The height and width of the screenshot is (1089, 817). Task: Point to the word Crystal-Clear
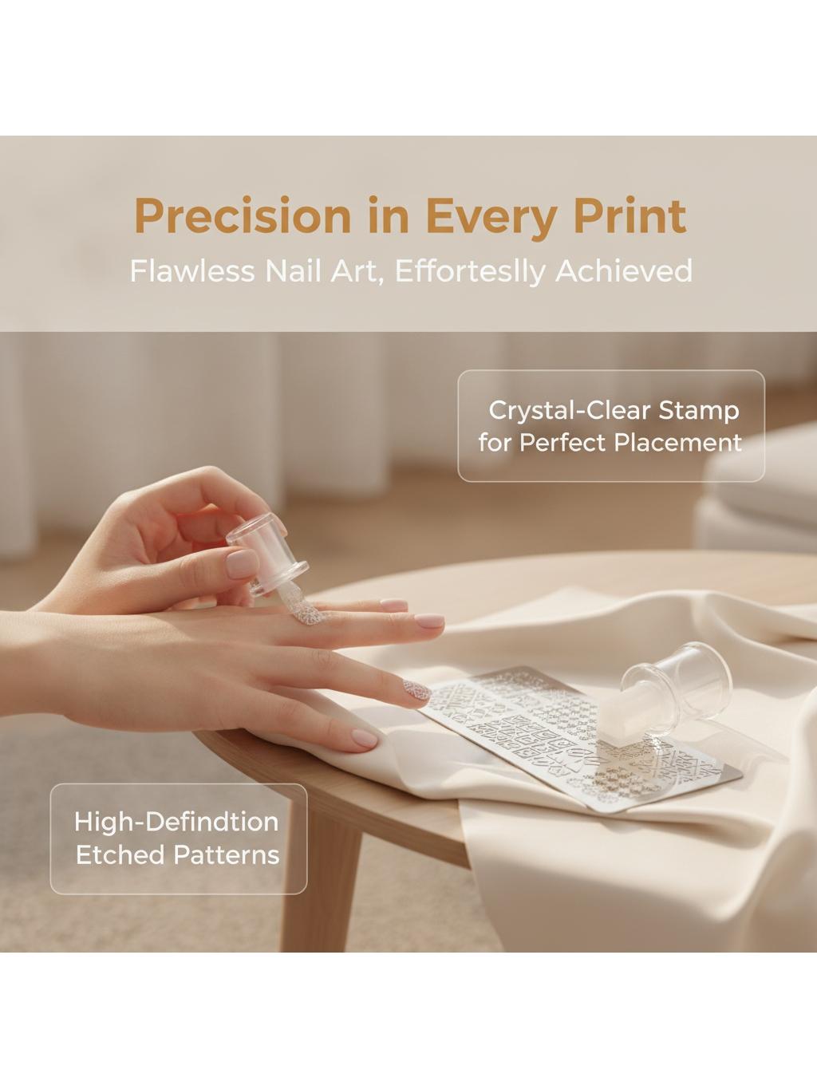[569, 411]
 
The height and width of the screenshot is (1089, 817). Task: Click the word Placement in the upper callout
[678, 443]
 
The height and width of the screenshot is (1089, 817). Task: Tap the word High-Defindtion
[176, 822]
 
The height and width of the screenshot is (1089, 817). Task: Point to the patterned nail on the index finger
[416, 692]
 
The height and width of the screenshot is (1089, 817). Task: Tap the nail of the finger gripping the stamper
[242, 565]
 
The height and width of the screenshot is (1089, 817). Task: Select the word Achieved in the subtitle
[623, 271]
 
